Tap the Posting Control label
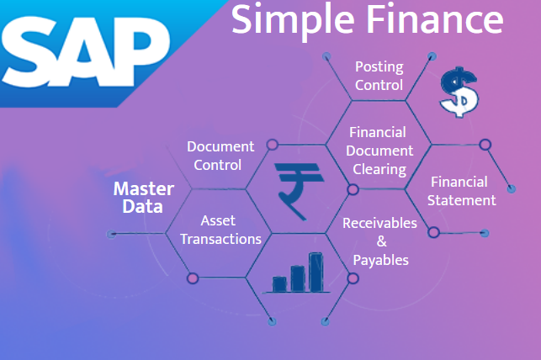pos(379,76)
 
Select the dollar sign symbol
pos(460,92)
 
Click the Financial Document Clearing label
pos(380,151)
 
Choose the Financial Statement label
pos(461,191)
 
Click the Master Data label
pos(143,197)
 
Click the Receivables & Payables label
pos(380,241)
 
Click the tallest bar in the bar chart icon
pos(316,271)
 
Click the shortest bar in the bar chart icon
pos(278,283)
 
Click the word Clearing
pos(379,169)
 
